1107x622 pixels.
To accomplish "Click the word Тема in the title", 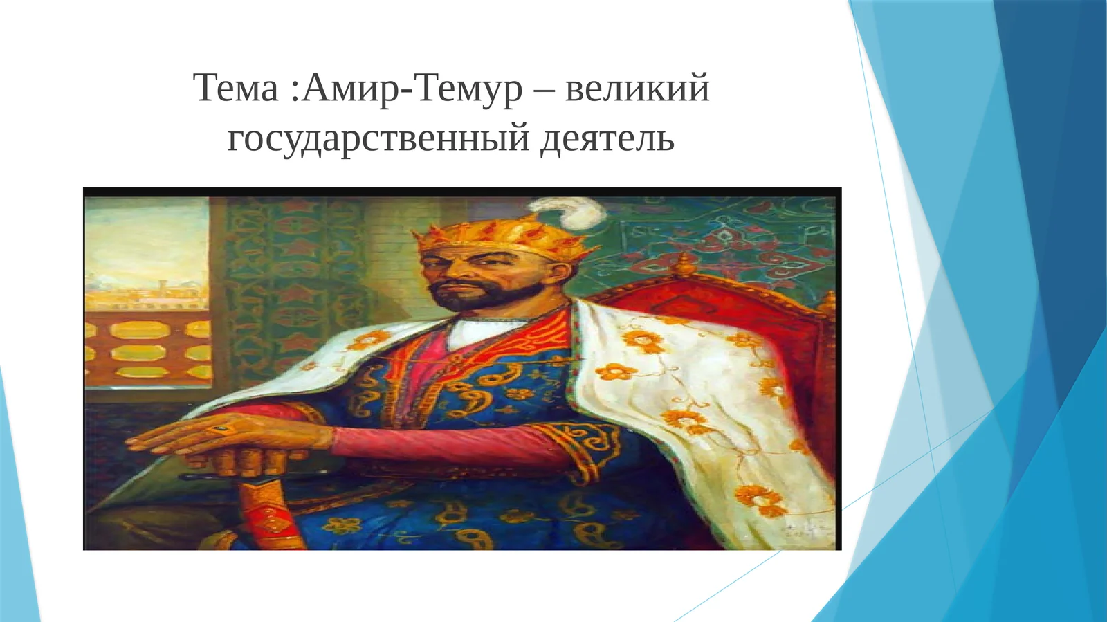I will tap(235, 89).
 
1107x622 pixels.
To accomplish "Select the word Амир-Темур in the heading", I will tap(412, 89).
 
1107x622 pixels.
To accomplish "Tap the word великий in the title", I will tap(637, 89).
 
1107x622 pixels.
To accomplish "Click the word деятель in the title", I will tap(607, 138).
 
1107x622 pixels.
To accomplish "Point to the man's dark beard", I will tap(477, 295).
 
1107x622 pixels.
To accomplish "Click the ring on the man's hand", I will tap(221, 430).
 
